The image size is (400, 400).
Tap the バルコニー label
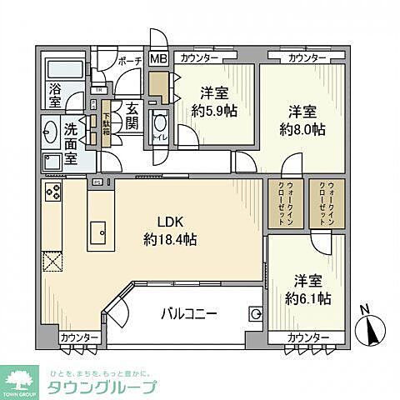[189, 314]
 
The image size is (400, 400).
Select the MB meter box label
[157, 58]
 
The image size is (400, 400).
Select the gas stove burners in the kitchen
[51, 192]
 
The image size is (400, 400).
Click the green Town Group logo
[22, 377]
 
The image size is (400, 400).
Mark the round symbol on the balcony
[254, 314]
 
